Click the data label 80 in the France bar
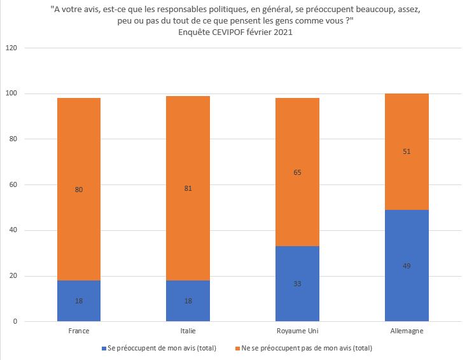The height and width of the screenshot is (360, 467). tap(78, 189)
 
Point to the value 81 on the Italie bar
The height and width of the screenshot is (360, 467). tap(188, 188)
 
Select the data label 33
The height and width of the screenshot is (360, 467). tap(297, 284)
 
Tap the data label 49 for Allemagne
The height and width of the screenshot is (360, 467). tap(407, 266)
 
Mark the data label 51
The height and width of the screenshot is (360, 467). tap(407, 152)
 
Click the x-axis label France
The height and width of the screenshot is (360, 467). tap(78, 331)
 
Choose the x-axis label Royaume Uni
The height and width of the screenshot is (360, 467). tap(297, 331)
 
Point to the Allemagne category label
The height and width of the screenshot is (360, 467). tap(407, 331)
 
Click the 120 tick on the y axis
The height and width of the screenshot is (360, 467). tap(11, 48)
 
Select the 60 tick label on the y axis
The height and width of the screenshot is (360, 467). tap(13, 185)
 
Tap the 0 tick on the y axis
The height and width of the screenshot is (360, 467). tap(15, 322)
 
